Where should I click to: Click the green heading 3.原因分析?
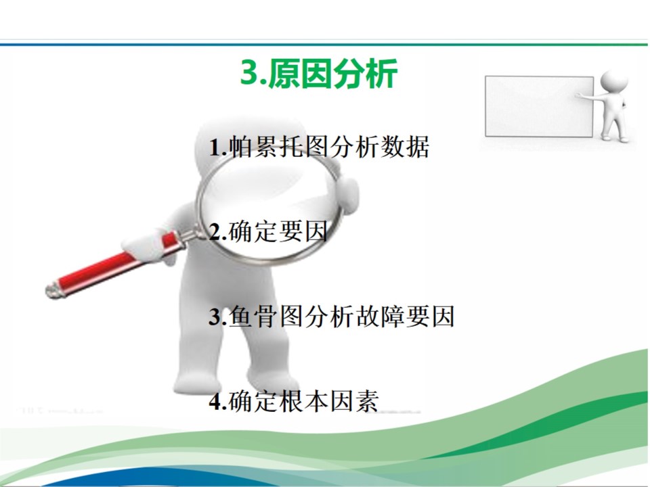319,74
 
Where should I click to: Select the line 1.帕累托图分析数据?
319,147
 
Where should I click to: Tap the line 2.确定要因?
268,231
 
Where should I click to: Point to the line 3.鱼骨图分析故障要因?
332,317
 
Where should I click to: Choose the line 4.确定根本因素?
293,401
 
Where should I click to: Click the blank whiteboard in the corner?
540,106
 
